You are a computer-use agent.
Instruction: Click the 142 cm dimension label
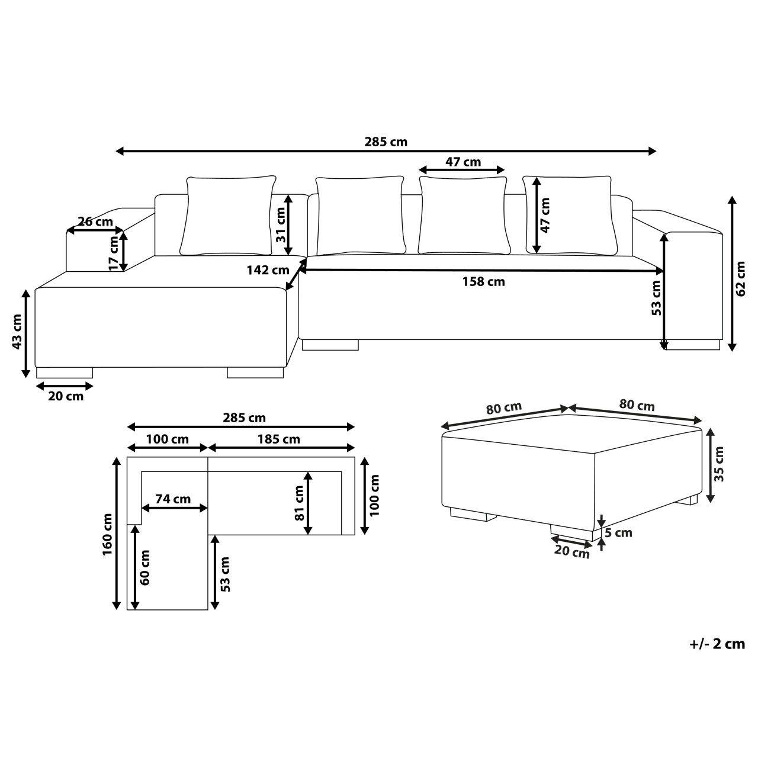pyautogui.click(x=268, y=270)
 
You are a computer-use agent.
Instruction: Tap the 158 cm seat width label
pyautogui.click(x=483, y=282)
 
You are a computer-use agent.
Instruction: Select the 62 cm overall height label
pyautogui.click(x=740, y=278)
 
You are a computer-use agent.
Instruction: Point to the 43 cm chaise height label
pyautogui.click(x=17, y=331)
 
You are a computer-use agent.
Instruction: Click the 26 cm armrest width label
pyautogui.click(x=95, y=221)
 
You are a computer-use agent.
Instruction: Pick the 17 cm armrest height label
pyautogui.click(x=114, y=253)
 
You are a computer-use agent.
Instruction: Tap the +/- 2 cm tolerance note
pyautogui.click(x=718, y=644)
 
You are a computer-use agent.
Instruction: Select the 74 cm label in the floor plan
pyautogui.click(x=173, y=499)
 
